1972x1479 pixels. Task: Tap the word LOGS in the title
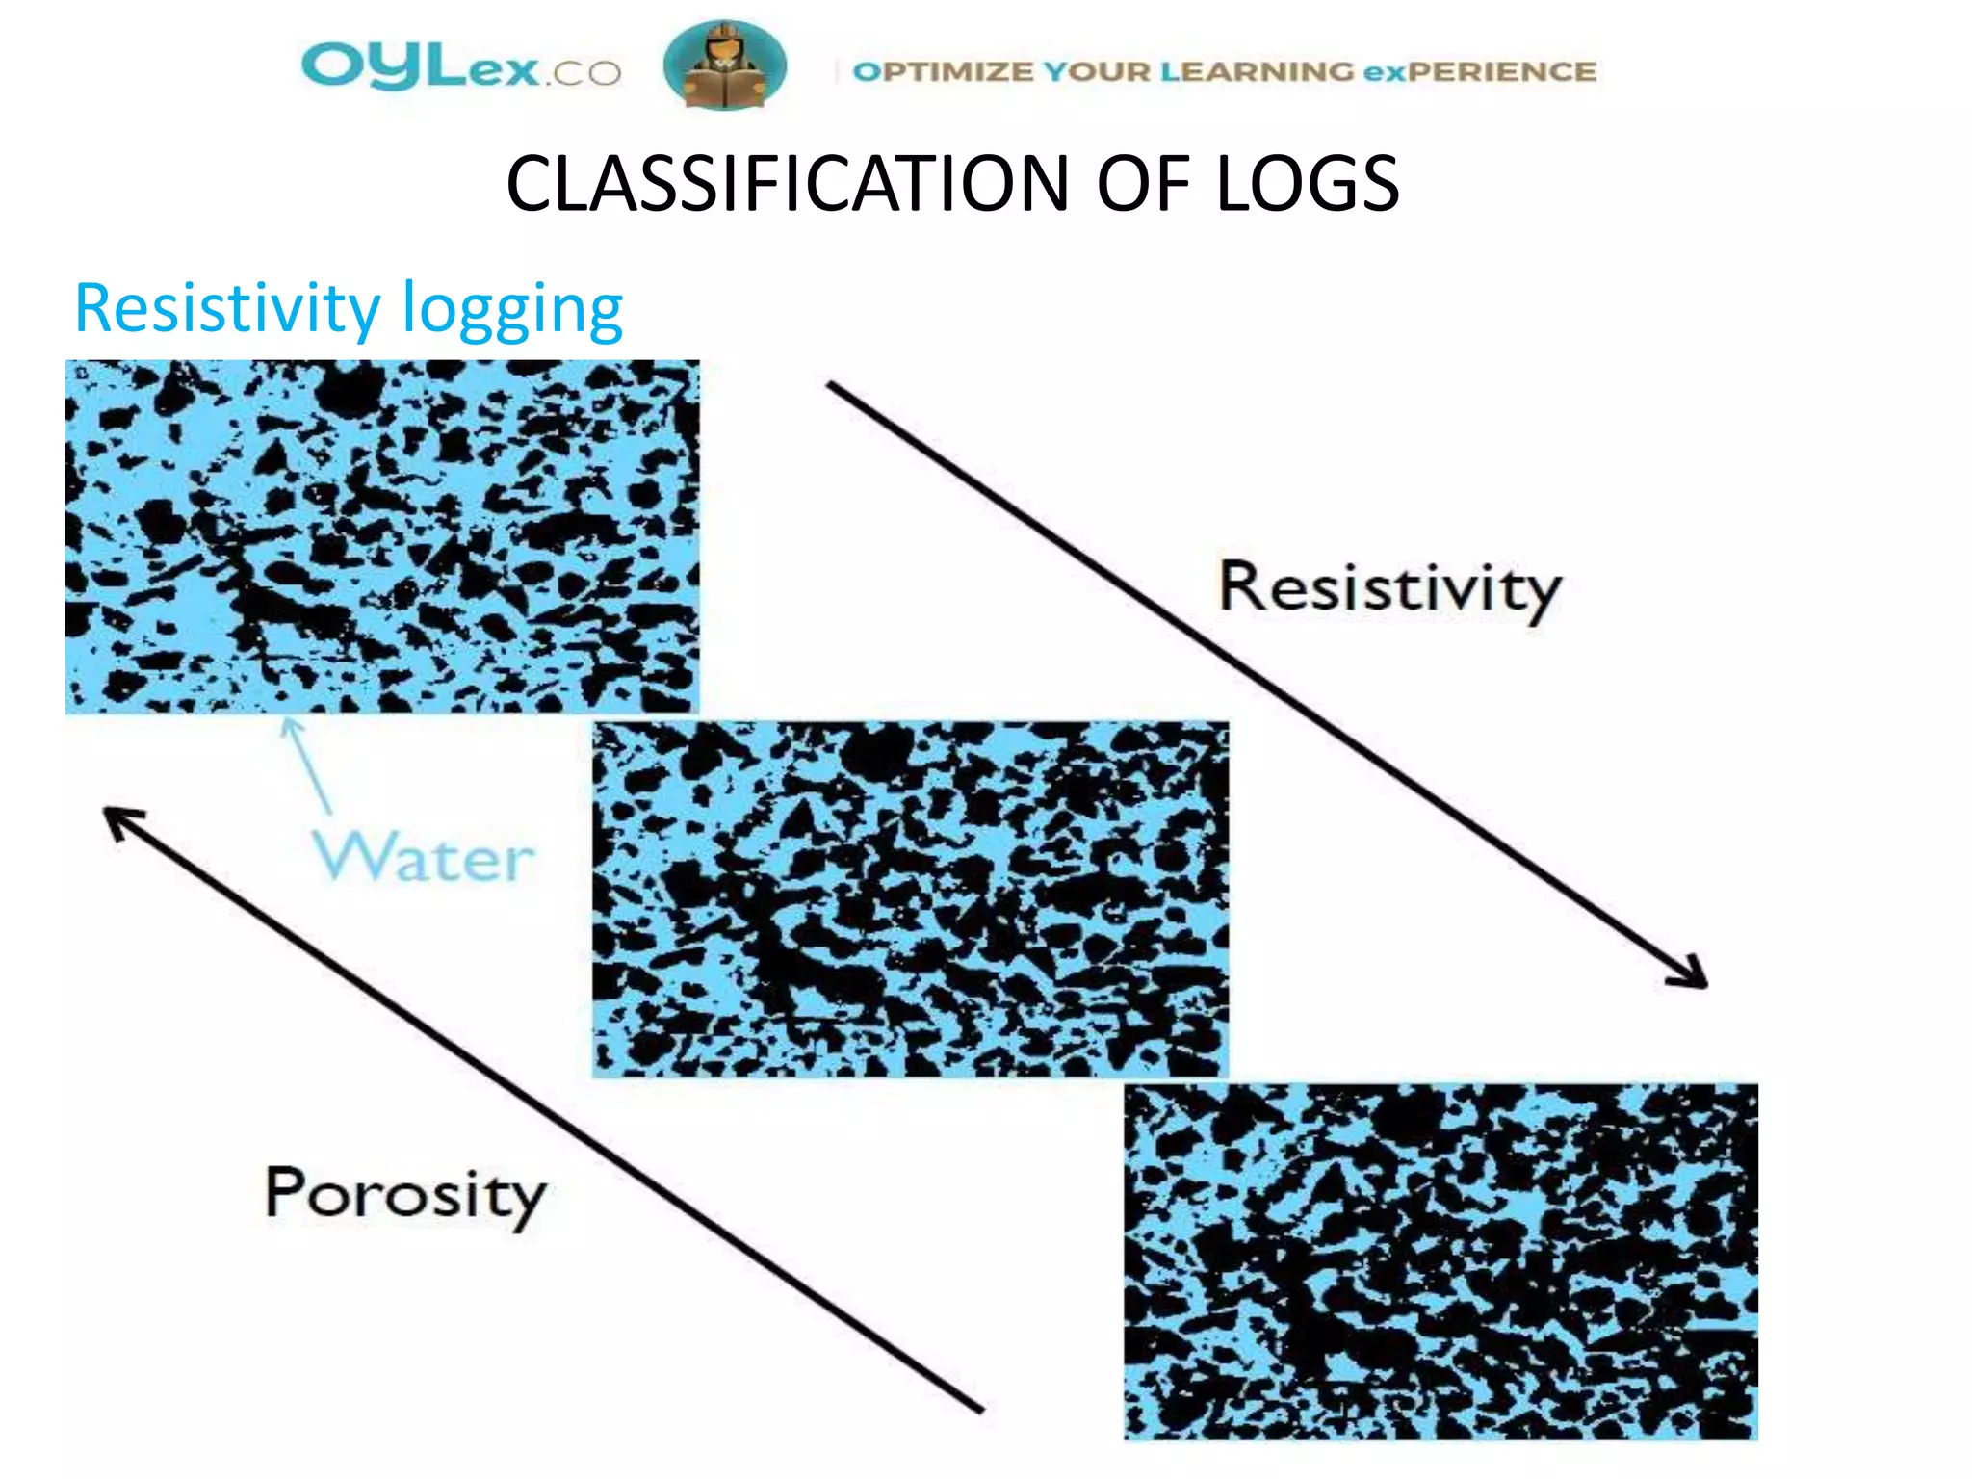click(1307, 184)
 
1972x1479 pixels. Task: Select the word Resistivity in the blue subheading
click(227, 309)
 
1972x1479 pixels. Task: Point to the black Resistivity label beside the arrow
click(1388, 588)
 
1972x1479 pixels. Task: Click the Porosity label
click(404, 1195)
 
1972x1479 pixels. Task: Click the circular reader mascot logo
click(724, 65)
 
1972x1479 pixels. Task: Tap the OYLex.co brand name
click(460, 67)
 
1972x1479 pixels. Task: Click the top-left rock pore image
click(382, 536)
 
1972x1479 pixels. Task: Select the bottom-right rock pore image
click(1440, 1261)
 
